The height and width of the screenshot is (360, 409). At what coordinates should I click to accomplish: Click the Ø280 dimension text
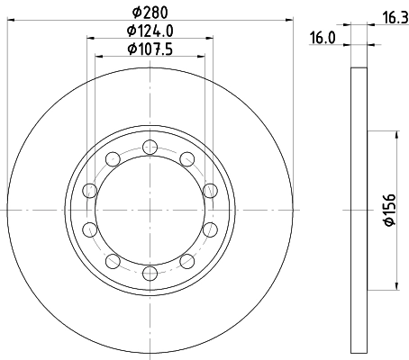click(150, 12)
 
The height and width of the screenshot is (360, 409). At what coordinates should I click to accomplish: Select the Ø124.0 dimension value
click(150, 31)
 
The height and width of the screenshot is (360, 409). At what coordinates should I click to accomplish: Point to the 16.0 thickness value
click(323, 39)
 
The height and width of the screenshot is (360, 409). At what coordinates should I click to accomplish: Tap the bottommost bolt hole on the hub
click(150, 270)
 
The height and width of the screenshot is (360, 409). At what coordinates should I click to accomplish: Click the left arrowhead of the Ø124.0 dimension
click(91, 38)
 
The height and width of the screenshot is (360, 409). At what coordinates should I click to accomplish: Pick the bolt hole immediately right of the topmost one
click(186, 159)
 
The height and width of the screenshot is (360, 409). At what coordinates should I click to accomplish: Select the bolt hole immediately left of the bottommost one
click(113, 260)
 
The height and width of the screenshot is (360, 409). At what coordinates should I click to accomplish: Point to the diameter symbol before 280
click(137, 12)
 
